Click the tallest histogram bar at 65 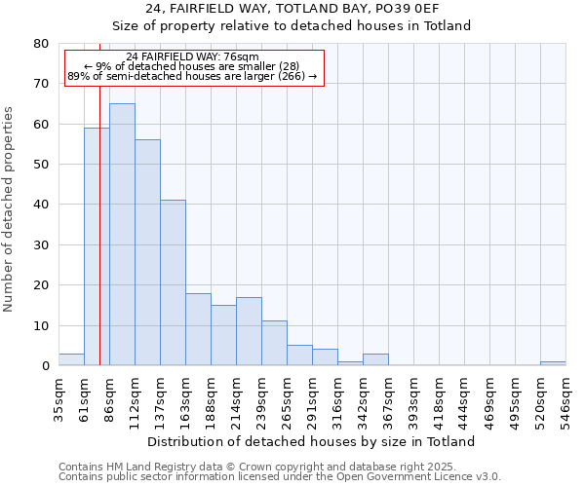point(122,234)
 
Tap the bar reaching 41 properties point(173,282)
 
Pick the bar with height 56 point(147,252)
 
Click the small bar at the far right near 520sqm point(553,363)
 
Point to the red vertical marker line point(99,243)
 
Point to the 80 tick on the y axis point(40,44)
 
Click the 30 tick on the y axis point(40,245)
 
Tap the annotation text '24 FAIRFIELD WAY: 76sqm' point(193,57)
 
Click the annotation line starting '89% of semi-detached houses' point(193,76)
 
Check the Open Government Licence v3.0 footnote point(280,477)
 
